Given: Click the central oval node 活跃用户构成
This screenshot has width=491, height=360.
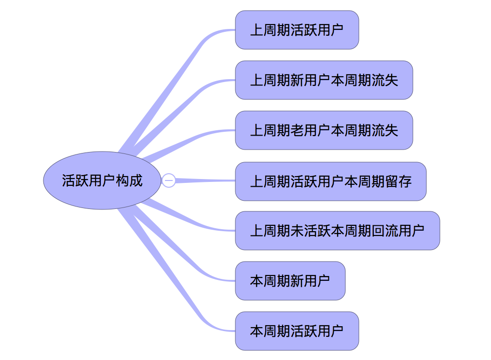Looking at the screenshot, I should pos(102,180).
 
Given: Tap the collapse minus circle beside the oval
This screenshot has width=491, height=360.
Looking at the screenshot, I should pos(168,180).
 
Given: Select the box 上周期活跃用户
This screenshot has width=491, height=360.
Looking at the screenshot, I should pos(297,30).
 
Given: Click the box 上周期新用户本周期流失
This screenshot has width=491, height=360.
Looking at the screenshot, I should pos(324,80).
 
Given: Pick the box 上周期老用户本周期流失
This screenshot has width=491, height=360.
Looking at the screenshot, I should pos(324,130).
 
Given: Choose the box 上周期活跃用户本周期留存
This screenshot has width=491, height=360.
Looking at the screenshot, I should pos(330,181).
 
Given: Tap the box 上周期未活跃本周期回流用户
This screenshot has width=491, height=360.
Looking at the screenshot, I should pos(337,231).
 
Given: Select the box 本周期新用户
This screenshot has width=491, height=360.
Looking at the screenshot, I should pos(290,281).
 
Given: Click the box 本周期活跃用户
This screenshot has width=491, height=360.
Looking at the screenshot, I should pos(297,331).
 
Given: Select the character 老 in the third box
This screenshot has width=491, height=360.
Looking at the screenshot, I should pos(297,130).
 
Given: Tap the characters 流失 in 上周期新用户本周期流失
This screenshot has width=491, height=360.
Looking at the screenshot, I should pos(385,80).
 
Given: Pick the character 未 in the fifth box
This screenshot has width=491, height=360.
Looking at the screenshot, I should pos(297,231).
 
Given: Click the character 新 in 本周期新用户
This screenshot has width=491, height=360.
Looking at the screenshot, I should pos(297,281).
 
